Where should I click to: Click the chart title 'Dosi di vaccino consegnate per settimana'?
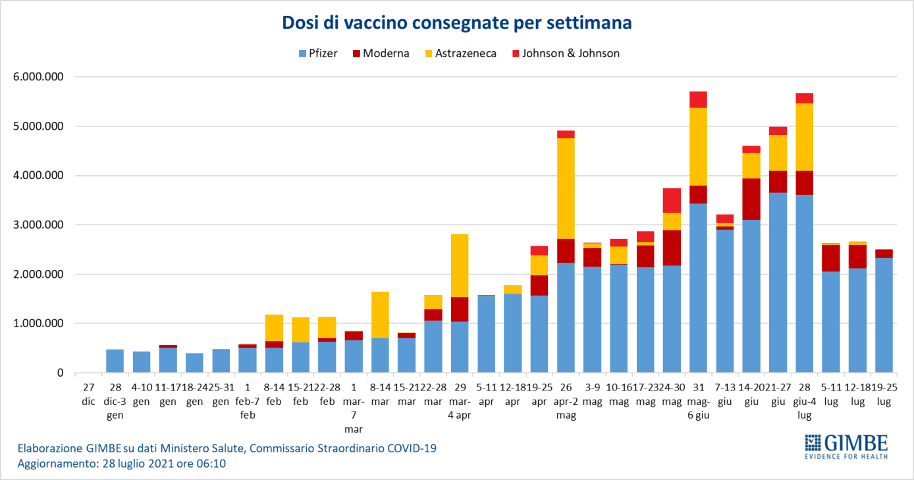(457, 23)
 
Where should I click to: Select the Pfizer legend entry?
(318, 53)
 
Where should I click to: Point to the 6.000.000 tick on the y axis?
(38, 76)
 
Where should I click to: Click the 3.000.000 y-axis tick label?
(38, 225)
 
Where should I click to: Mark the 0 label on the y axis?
(60, 373)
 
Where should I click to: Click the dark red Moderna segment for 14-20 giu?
(751, 199)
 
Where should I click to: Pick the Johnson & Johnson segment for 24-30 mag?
(672, 200)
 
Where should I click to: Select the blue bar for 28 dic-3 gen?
(115, 361)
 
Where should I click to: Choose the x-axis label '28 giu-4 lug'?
(804, 399)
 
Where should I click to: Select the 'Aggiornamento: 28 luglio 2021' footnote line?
(122, 464)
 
